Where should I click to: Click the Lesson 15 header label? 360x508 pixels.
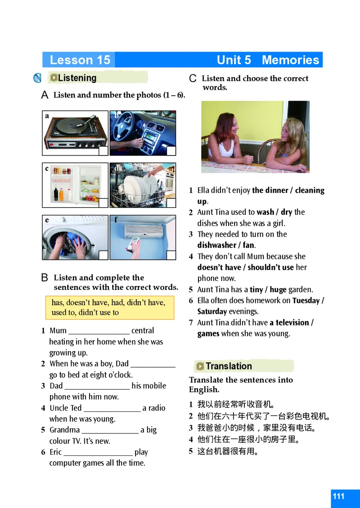pyautogui.click(x=80, y=60)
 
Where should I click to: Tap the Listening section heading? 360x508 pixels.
pyautogui.click(x=77, y=78)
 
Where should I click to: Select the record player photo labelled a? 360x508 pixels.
pyautogui.click(x=75, y=133)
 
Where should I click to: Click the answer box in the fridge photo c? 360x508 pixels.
pyautogui.click(x=103, y=203)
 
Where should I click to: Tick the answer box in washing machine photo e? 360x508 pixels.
pyautogui.click(x=103, y=255)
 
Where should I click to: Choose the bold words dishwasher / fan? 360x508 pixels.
pyautogui.click(x=226, y=245)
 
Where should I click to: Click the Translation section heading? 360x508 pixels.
pyautogui.click(x=229, y=366)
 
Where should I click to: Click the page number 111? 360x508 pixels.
pyautogui.click(x=338, y=496)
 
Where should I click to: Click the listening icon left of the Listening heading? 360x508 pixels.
pyautogui.click(x=38, y=78)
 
